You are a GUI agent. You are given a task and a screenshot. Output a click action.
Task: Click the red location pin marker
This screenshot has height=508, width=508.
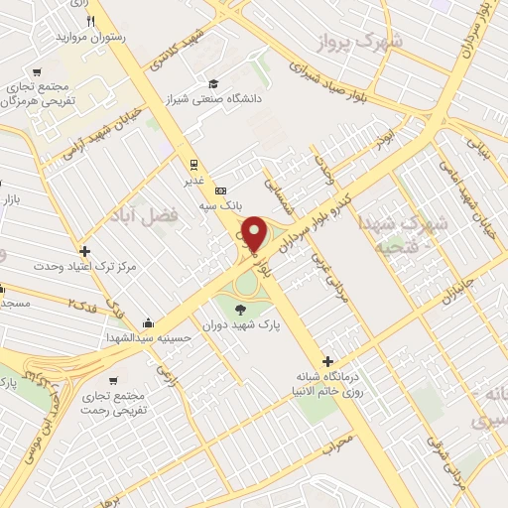pos(254,234)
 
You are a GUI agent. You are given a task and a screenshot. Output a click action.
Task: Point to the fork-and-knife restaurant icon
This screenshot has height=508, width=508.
pos(91,20)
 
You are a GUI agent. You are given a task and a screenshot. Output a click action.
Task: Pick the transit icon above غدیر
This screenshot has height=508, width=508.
pos(192,166)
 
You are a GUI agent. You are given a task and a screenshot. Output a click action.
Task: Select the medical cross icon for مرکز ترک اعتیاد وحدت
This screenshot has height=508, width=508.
pos(85,252)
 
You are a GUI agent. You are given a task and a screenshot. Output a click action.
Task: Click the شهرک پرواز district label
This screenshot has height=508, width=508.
pos(360,41)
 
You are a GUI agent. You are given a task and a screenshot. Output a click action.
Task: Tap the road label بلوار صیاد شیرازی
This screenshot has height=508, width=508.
pos(336,78)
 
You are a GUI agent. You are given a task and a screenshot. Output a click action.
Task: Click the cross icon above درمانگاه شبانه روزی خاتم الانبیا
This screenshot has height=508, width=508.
pos(328,360)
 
